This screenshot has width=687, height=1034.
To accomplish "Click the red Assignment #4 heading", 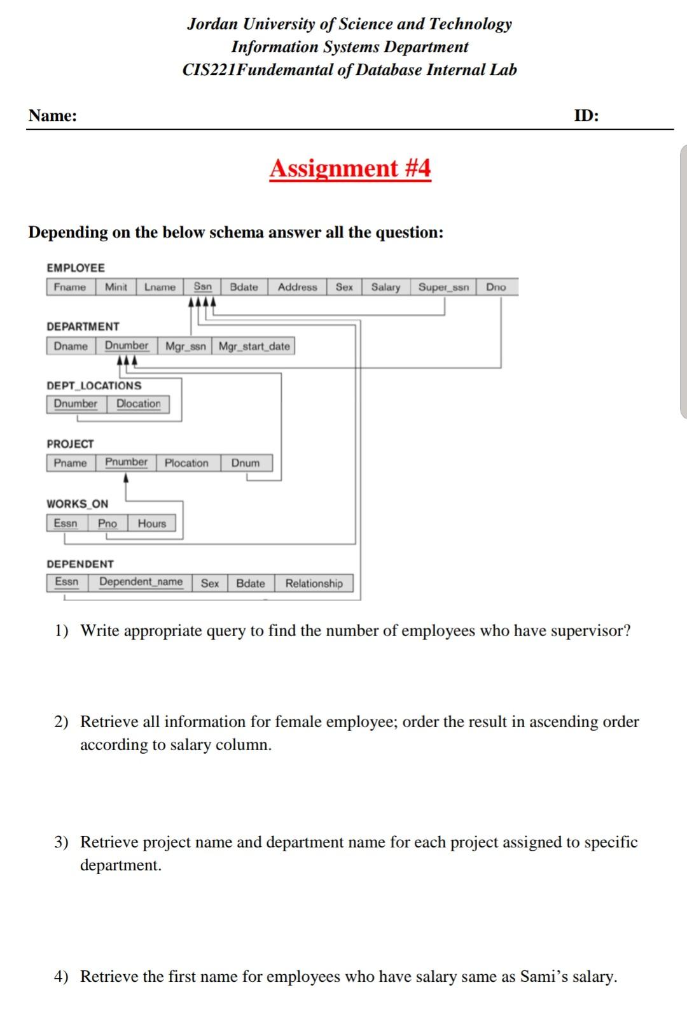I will [x=350, y=169].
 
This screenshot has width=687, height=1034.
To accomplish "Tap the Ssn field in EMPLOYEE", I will [x=202, y=287].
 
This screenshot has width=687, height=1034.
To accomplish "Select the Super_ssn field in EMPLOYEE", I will [x=443, y=287].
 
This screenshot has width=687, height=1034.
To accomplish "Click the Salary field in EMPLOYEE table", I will [x=385, y=287].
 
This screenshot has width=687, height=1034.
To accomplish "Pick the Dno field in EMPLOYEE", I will [x=496, y=287].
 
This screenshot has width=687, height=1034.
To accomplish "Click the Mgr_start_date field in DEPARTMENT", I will [x=254, y=346].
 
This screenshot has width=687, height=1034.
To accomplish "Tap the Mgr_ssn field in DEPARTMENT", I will [x=185, y=346].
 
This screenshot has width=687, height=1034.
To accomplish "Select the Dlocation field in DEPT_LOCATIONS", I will [x=138, y=404].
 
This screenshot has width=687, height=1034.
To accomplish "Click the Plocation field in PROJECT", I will [x=186, y=463].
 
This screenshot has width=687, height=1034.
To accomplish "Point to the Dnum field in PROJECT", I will [x=245, y=463].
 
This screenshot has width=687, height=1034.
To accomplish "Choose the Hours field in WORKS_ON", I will [x=151, y=523].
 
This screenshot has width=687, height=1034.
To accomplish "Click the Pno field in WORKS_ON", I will [x=108, y=523].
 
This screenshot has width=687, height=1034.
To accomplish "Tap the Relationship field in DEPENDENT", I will [x=313, y=583].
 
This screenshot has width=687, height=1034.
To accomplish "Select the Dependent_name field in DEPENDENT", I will [x=141, y=582].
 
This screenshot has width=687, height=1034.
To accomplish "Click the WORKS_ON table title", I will [x=77, y=504].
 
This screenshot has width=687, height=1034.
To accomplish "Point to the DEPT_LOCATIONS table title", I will [x=94, y=386].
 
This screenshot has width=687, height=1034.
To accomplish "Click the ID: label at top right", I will [x=586, y=116].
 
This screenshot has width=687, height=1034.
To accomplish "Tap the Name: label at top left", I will [x=52, y=116].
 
